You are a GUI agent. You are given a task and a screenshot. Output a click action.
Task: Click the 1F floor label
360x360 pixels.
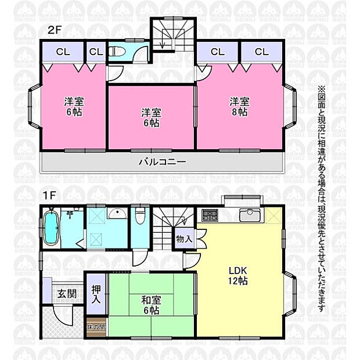click(48, 196)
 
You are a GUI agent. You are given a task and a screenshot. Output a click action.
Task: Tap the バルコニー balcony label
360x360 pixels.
click(162, 161)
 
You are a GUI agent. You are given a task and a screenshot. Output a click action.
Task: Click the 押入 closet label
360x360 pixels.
click(96, 294)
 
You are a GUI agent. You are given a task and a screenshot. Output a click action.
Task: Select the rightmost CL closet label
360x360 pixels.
click(262, 52)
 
